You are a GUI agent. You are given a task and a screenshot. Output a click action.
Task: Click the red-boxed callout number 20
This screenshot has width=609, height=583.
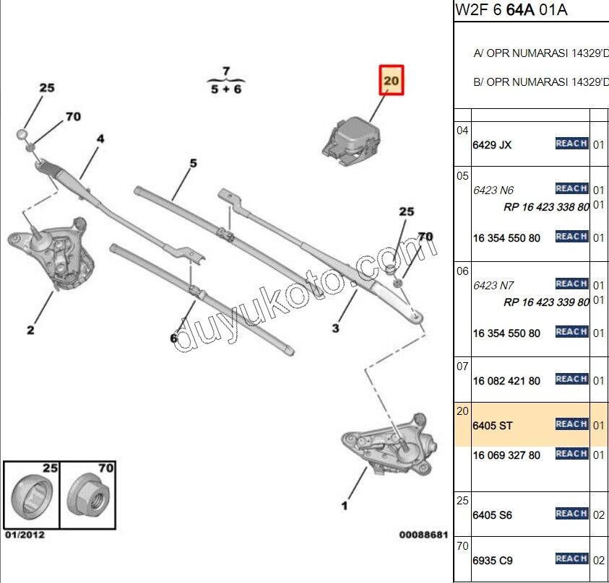pos(391,80)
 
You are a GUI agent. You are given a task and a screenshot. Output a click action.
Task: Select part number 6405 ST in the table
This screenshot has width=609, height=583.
pos(492,426)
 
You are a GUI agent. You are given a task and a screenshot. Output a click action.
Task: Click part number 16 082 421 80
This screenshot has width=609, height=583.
pos(506,380)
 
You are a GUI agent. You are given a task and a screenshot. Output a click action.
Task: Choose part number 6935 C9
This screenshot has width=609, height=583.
pos(492,560)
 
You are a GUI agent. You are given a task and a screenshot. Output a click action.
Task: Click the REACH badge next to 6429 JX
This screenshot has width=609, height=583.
pos(571,144)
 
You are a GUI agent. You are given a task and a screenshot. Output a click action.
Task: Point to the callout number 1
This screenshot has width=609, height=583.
pos(345,505)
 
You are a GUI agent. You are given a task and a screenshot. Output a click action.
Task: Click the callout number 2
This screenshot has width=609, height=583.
pos(30,330)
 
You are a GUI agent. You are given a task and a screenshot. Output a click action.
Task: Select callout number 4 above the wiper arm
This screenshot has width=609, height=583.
pos(100,139)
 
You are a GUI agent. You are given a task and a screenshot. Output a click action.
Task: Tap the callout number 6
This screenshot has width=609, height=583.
pos(173,338)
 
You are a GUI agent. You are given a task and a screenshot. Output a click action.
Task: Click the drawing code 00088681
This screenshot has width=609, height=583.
pos(423,535)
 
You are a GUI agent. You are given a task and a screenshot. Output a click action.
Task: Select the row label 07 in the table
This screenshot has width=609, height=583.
pos(462,367)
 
